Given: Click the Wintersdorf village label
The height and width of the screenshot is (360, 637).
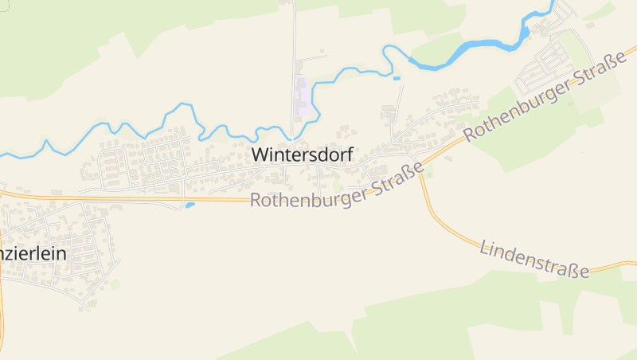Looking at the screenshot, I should [302, 155].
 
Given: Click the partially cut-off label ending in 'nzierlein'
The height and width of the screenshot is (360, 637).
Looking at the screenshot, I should [33, 254].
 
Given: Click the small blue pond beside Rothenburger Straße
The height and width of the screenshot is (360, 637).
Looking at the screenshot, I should [190, 205].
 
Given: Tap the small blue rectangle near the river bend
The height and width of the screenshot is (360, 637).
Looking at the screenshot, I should [397, 78].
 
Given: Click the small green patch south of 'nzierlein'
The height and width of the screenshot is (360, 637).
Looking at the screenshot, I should [115, 284].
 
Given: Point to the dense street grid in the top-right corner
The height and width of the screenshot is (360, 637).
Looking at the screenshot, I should [549, 56].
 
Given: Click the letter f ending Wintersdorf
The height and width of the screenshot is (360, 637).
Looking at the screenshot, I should [349, 155].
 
